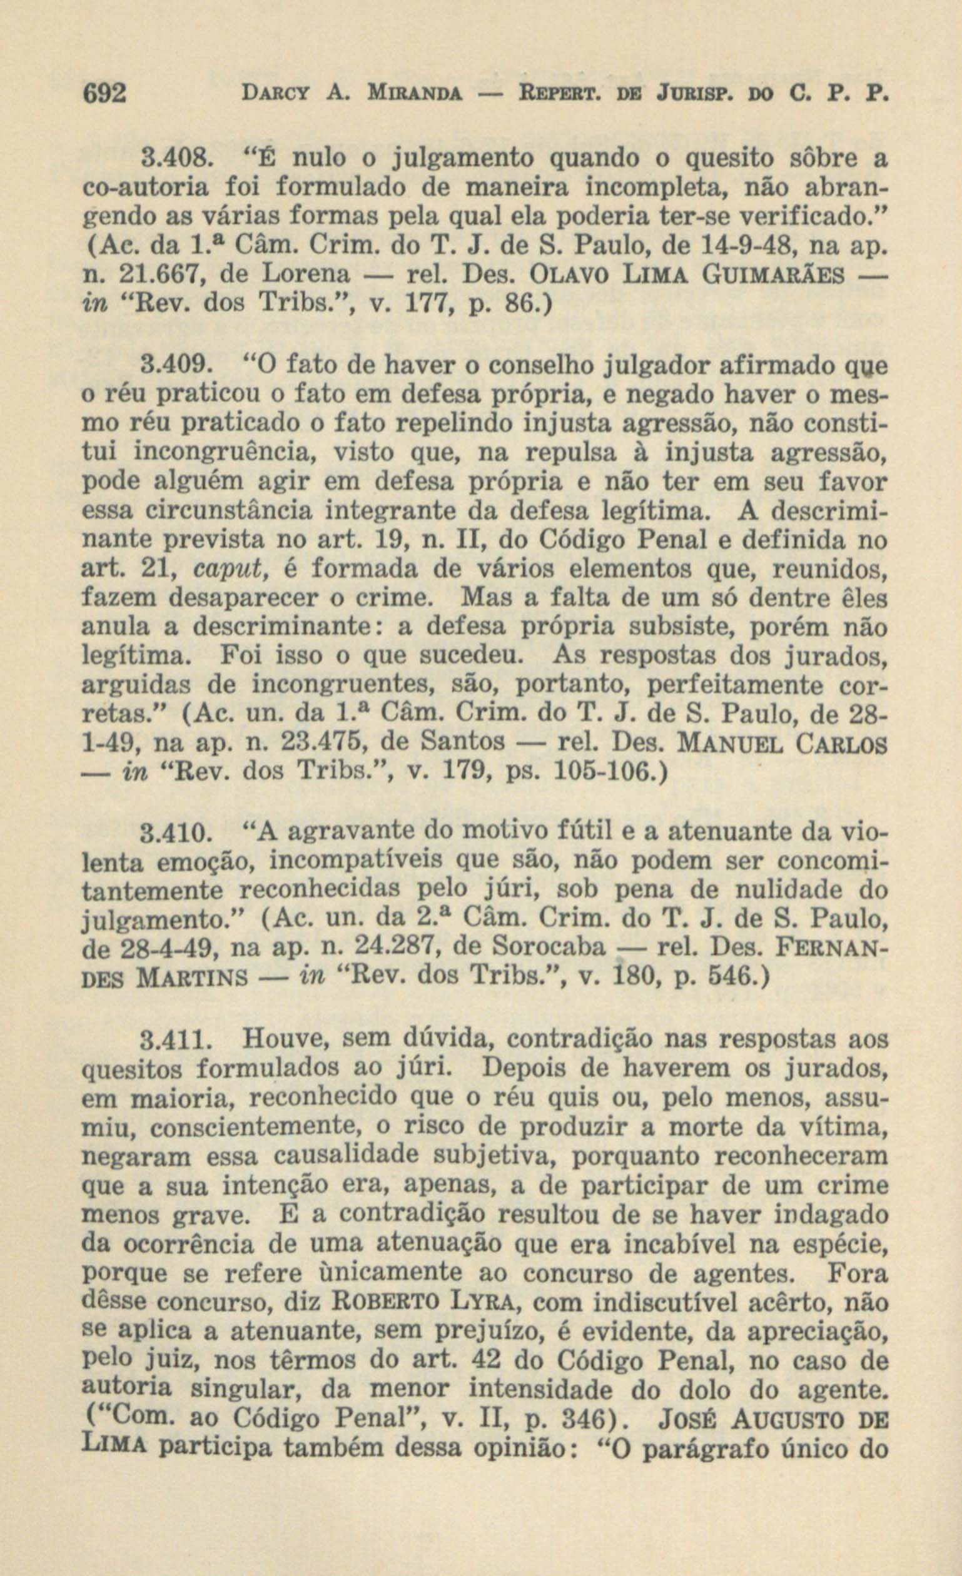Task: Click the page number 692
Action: (x=106, y=94)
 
